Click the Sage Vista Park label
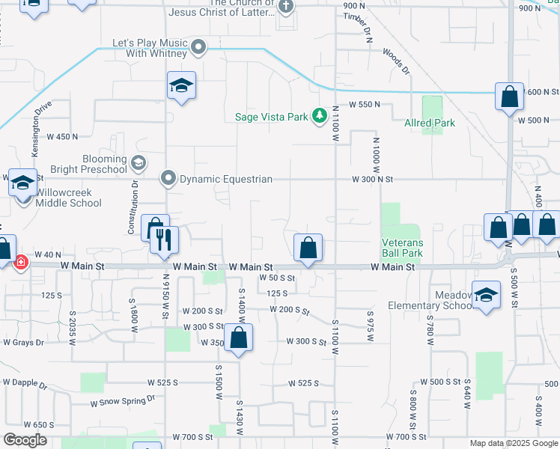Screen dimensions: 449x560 (x=272, y=117)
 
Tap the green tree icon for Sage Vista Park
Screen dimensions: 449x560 (x=320, y=115)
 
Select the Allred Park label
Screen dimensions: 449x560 (x=430, y=122)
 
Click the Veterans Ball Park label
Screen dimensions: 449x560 (x=403, y=248)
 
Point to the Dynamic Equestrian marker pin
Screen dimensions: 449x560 (x=168, y=179)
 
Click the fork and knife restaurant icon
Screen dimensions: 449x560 (x=163, y=239)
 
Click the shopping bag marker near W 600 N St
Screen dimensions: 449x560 (x=509, y=97)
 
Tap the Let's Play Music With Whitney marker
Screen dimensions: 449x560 (x=198, y=48)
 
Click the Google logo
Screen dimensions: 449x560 (x=25, y=440)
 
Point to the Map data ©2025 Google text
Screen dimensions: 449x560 (x=513, y=443)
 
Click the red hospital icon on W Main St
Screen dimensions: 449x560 (x=21, y=261)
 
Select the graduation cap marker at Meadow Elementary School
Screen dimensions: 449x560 (x=486, y=295)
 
